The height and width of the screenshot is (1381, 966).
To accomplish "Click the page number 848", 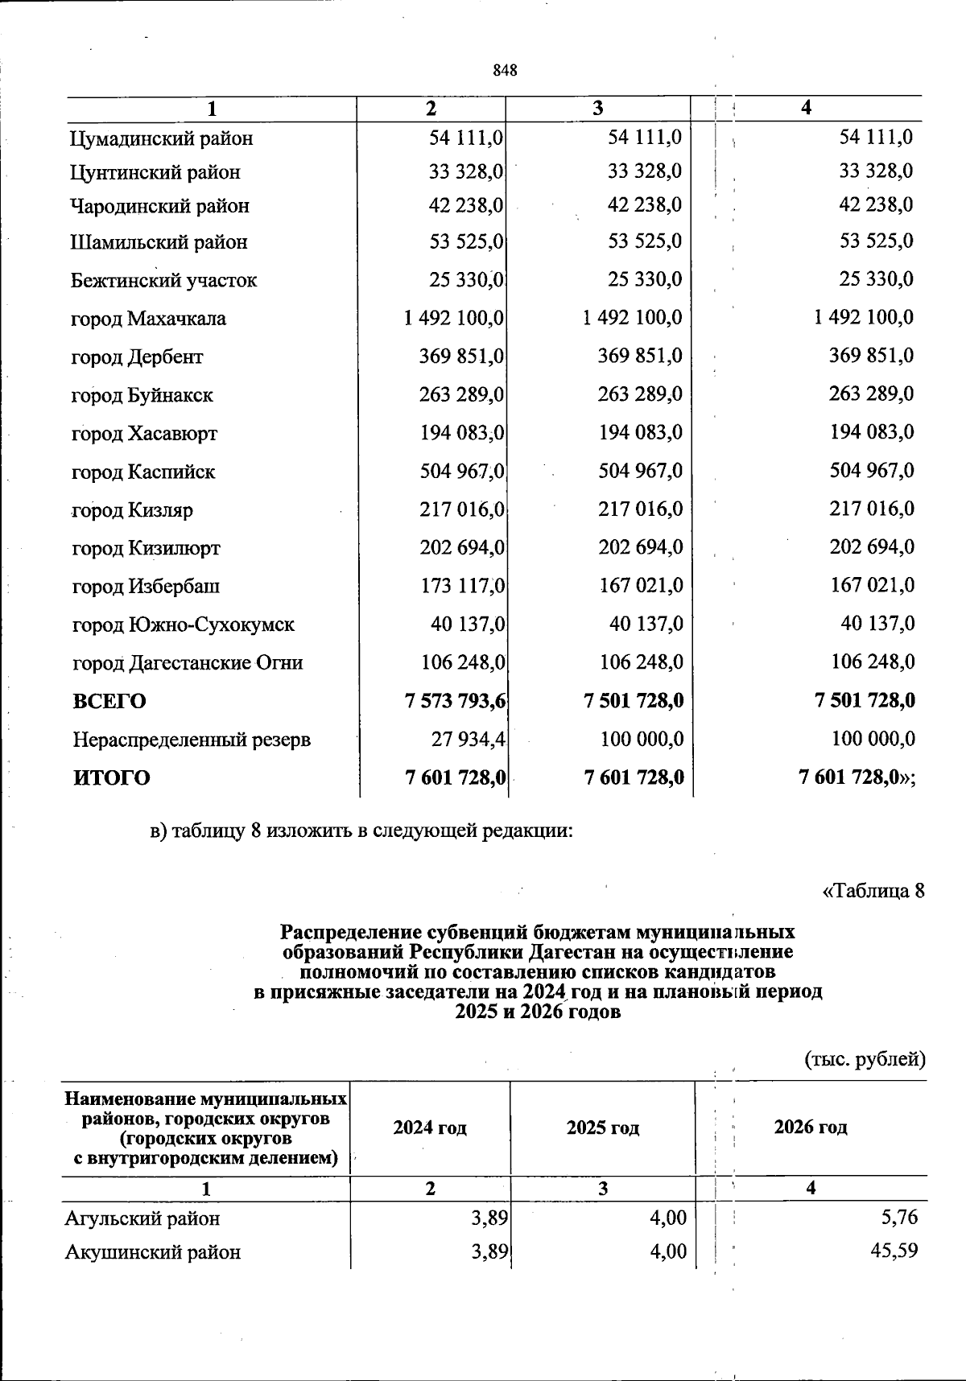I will pyautogui.click(x=505, y=70).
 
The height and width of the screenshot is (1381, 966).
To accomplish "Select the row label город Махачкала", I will pyautogui.click(x=149, y=319).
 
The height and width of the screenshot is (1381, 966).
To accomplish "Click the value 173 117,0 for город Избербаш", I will pyautogui.click(x=462, y=586).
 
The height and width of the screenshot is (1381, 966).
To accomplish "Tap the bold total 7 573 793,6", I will pyautogui.click(x=455, y=701).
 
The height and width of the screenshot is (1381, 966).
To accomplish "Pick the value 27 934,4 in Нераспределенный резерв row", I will pyautogui.click(x=463, y=739).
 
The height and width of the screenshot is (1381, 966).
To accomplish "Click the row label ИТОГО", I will pyautogui.click(x=112, y=777).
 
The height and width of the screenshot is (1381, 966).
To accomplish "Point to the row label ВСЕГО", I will pyautogui.click(x=109, y=701).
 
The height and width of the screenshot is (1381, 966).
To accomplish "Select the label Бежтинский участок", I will pyautogui.click(x=164, y=280).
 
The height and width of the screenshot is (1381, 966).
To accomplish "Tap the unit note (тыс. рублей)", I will pyautogui.click(x=865, y=1059).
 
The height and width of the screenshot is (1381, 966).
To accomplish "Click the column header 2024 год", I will pyautogui.click(x=430, y=1127).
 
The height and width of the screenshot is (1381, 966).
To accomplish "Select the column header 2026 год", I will pyautogui.click(x=811, y=1127).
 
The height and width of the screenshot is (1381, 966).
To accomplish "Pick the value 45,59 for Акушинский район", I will pyautogui.click(x=894, y=1251).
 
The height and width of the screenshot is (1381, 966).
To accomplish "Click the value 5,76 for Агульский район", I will pyautogui.click(x=899, y=1218).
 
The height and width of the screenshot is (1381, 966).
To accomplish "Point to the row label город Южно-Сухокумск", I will pyautogui.click(x=184, y=625).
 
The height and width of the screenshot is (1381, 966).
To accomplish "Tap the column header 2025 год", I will pyautogui.click(x=602, y=1127).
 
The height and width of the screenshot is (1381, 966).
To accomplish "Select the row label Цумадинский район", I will pyautogui.click(x=162, y=138).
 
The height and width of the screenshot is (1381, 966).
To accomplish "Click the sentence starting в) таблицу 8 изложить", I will pyautogui.click(x=362, y=831).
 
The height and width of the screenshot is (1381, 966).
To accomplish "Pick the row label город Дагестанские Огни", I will pyautogui.click(x=188, y=663).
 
